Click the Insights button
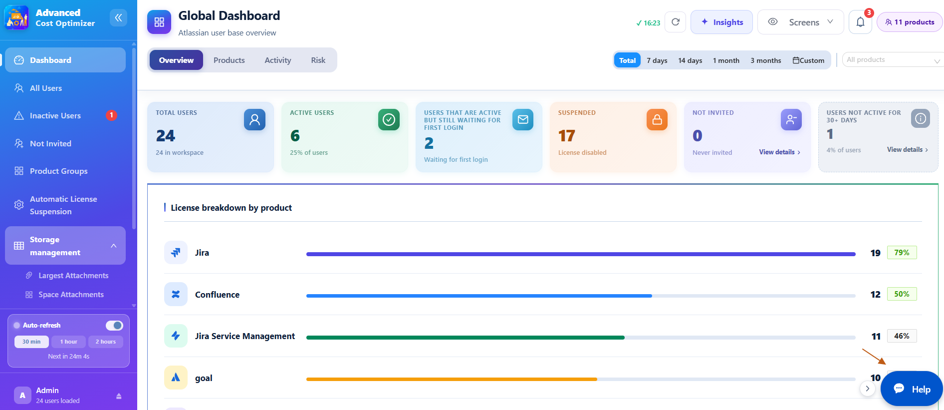(721, 22)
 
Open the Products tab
(229, 60)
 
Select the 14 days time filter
(690, 60)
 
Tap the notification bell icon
(861, 22)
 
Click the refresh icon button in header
(676, 22)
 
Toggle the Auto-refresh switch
(114, 326)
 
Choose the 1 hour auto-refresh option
(69, 342)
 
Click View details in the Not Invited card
(779, 152)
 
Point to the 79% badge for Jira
(902, 253)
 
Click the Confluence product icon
(176, 294)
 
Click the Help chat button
(912, 389)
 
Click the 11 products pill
(910, 22)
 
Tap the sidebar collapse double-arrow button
(118, 18)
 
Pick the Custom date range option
(808, 60)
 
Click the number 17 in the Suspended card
(567, 136)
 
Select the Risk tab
(318, 60)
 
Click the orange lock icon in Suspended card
(657, 120)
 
